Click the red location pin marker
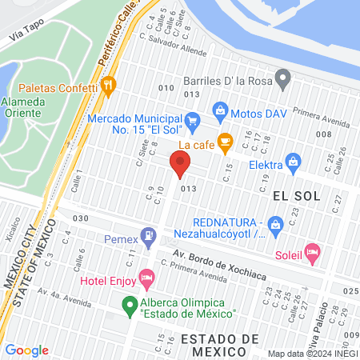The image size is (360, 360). coord(180,165)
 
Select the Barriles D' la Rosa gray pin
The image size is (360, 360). coord(282,79)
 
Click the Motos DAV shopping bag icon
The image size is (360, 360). coord(218,110)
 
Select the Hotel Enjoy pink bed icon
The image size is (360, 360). coord(146,280)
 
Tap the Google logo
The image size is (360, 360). coord(26,350)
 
